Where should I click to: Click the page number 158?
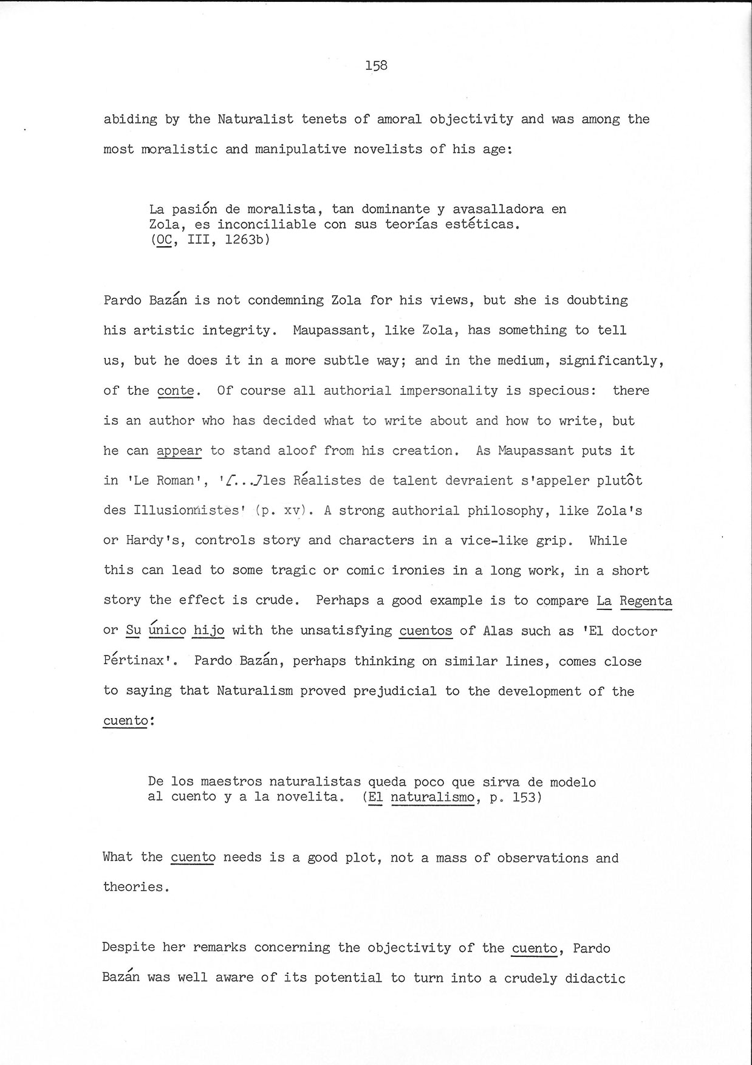[x=376, y=66]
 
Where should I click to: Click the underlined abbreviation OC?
[x=164, y=240]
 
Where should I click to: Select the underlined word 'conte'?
[x=176, y=391]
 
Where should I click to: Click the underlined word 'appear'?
[x=179, y=451]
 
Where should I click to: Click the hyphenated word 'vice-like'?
[x=494, y=541]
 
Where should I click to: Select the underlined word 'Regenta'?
[x=646, y=601]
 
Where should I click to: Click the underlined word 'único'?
[x=167, y=631]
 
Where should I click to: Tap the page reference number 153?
[x=524, y=797]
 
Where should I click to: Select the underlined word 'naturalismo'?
[x=432, y=797]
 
